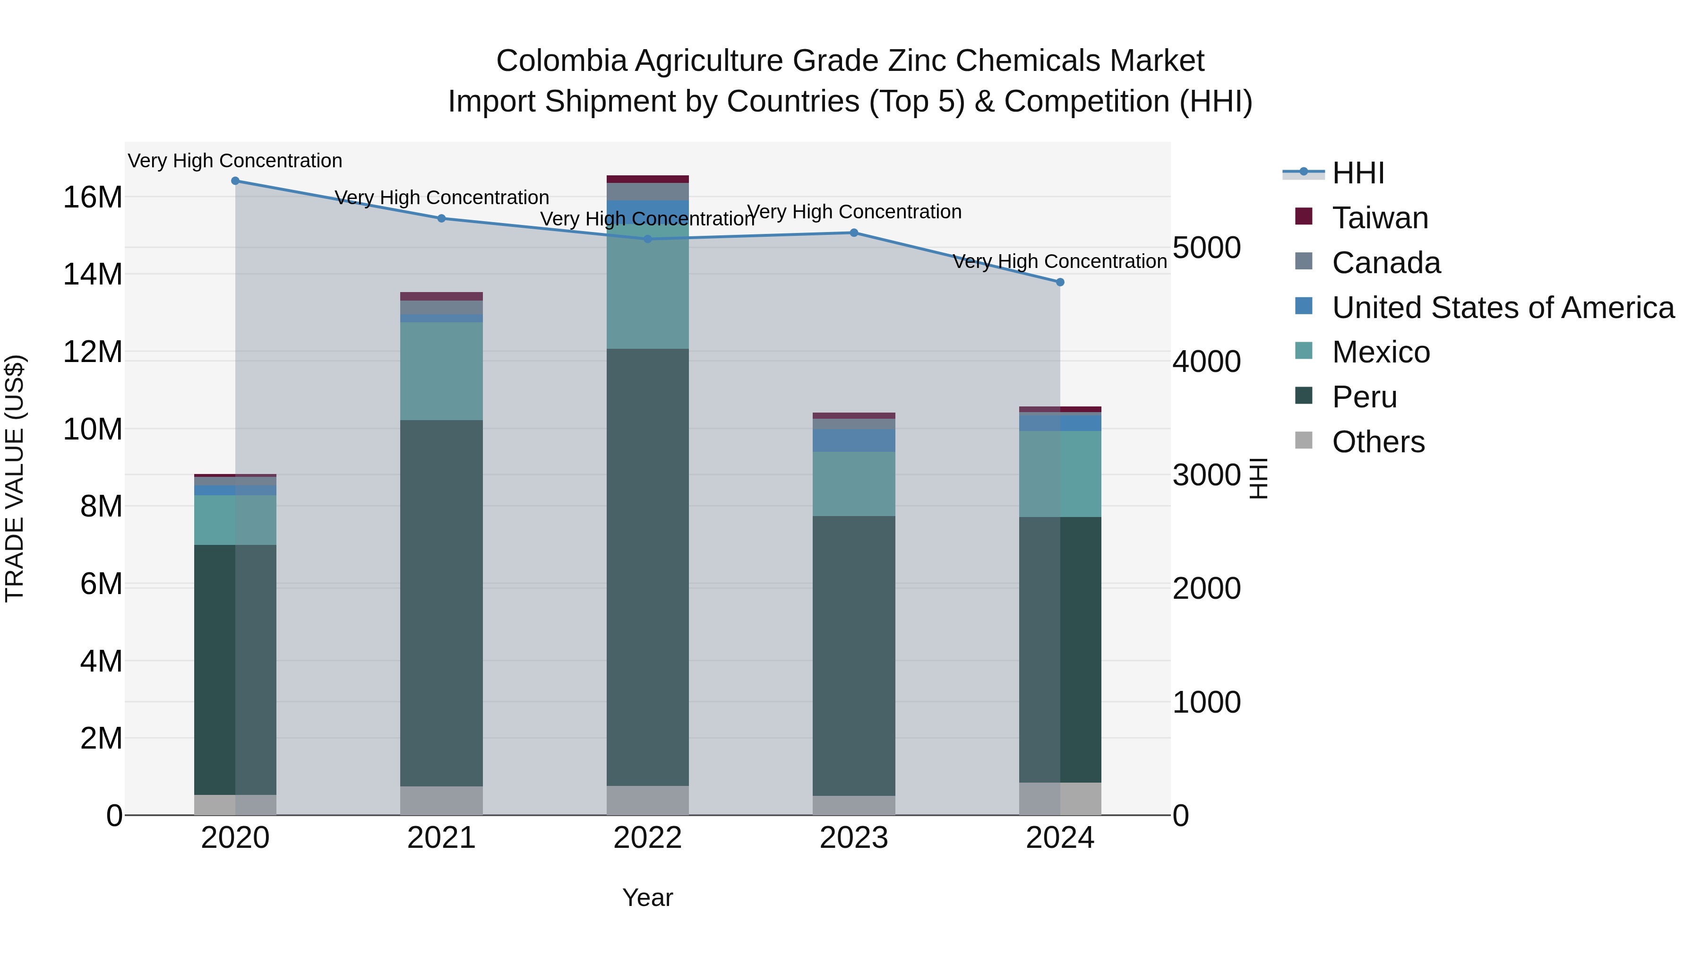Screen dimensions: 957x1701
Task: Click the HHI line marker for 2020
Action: [235, 181]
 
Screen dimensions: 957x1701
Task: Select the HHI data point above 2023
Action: [854, 233]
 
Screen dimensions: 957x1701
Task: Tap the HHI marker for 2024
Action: [1060, 282]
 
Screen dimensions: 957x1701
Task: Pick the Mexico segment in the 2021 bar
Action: [441, 371]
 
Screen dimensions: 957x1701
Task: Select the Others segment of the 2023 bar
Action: [854, 805]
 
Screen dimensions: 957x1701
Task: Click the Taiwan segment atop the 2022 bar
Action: [647, 179]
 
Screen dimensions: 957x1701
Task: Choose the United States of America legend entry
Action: [1502, 308]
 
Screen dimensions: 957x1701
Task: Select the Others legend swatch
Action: [1304, 440]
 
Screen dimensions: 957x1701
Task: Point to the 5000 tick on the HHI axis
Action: [1206, 248]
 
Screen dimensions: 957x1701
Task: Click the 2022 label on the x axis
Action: [647, 838]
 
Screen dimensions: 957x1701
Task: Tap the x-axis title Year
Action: [647, 897]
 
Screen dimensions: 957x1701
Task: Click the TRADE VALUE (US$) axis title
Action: [15, 478]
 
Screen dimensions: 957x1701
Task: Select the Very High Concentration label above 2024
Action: [1059, 261]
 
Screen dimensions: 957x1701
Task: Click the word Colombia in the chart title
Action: [560, 61]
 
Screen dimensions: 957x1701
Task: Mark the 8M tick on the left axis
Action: [101, 507]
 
